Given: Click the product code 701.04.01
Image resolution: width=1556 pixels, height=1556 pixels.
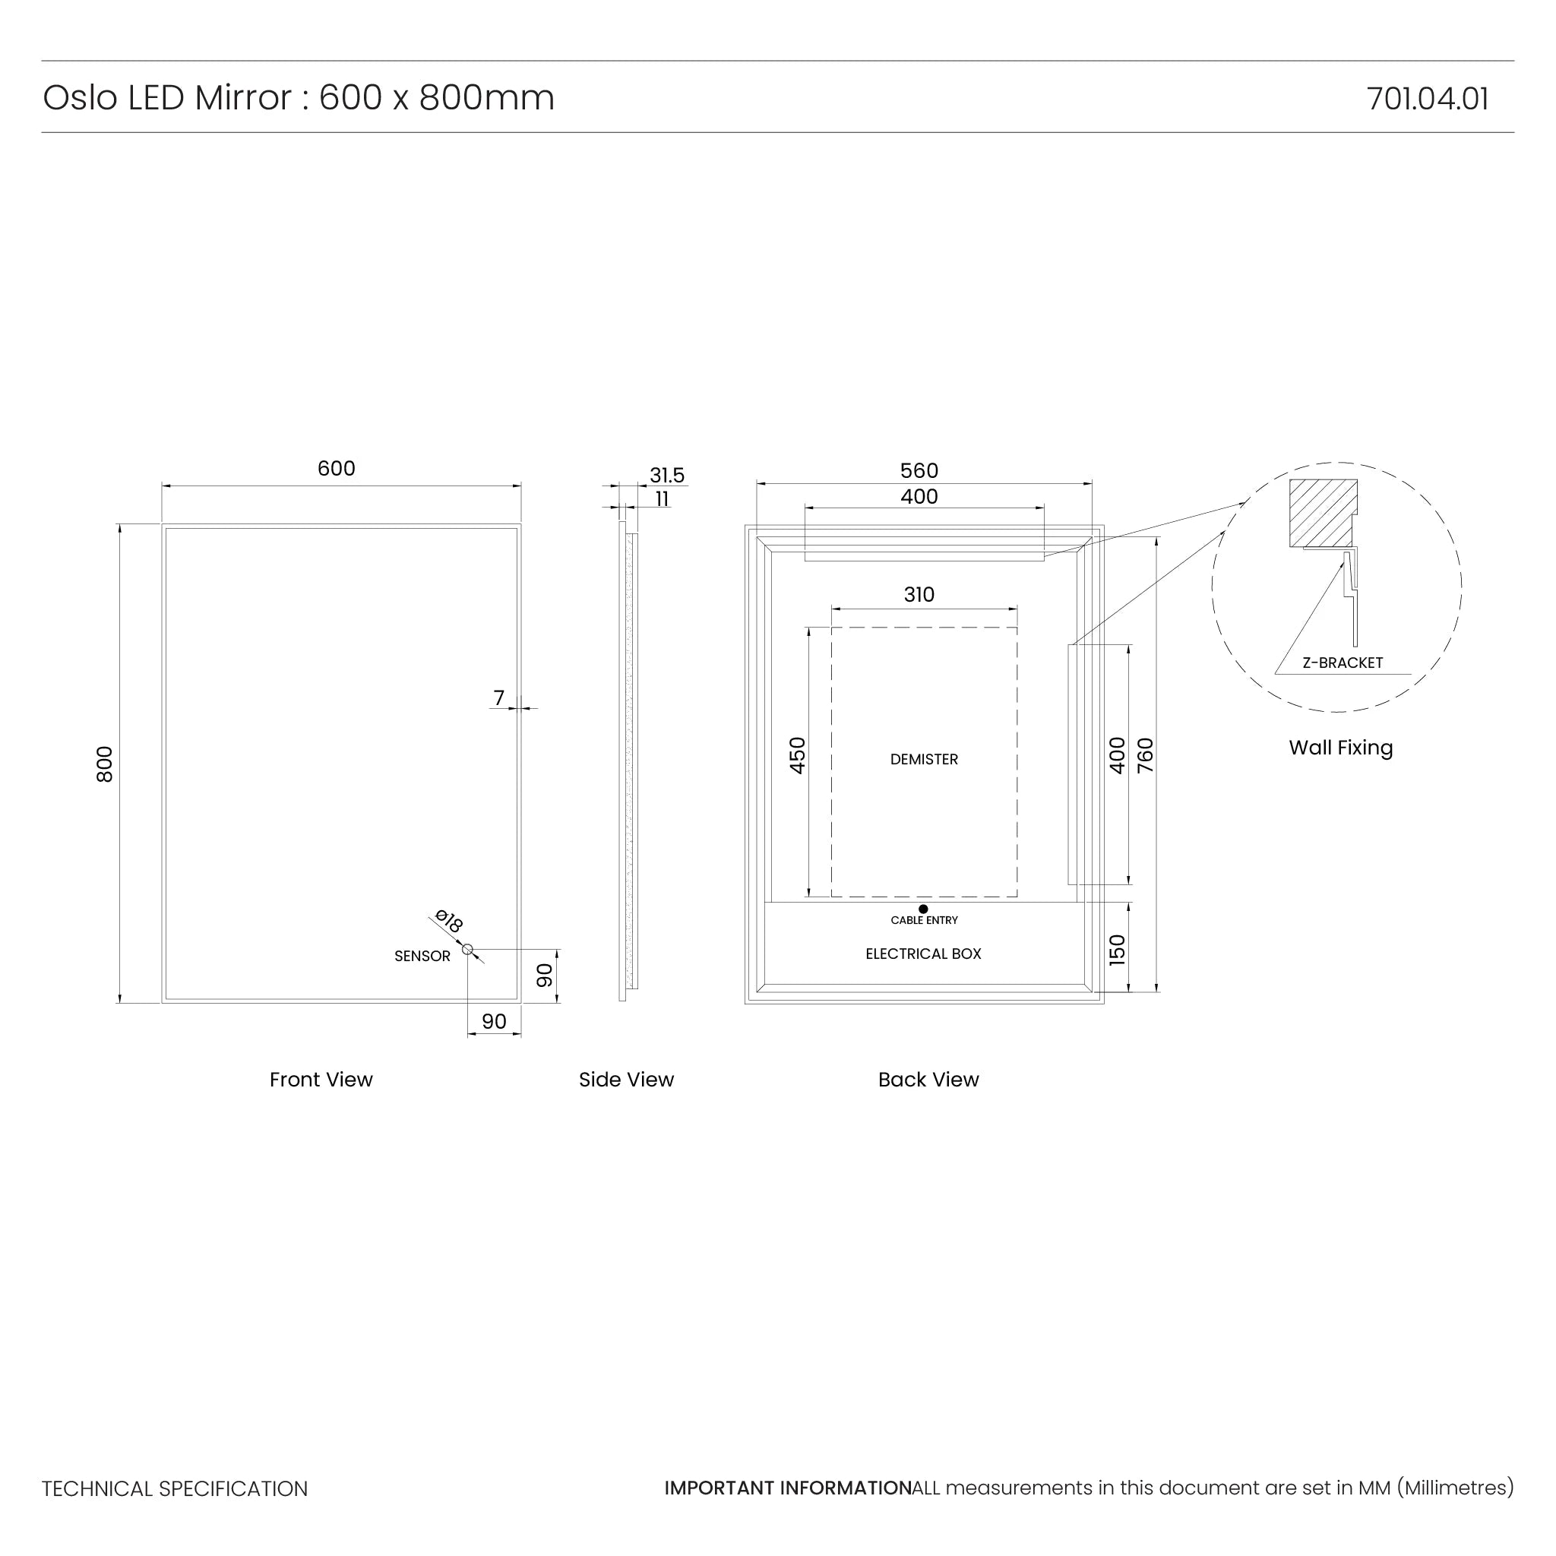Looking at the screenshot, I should coord(1426,98).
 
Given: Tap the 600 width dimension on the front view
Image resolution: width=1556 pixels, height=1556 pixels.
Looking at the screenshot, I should coord(336,468).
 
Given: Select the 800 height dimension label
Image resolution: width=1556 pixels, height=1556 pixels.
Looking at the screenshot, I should coord(105,764).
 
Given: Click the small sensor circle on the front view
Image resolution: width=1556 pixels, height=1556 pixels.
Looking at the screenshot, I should coord(467,949).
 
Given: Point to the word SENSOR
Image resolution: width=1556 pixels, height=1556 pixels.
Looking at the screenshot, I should coord(422,956).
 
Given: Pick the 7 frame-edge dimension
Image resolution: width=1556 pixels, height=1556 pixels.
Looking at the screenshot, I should coord(498,697).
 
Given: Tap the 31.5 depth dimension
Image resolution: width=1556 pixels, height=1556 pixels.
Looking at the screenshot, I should coord(667,475).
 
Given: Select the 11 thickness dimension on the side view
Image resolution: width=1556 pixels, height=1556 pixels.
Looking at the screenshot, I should coord(662,499).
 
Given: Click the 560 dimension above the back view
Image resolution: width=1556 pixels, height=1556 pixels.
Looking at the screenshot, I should coord(919,470).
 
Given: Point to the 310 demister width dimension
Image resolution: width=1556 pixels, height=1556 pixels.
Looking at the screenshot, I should coord(919,594).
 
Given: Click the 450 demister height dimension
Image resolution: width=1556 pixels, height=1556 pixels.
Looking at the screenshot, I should coord(797,755).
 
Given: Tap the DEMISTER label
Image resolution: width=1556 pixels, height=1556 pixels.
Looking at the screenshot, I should coord(924,760).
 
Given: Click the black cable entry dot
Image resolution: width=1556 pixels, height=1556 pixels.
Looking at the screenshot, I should coord(923,909).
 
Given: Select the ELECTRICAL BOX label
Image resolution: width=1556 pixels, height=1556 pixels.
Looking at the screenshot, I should coord(923,954).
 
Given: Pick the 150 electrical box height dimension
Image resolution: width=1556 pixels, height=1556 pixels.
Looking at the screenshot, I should coord(1117,950).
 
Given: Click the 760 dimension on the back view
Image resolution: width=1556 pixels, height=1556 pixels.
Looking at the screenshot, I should coord(1145,755).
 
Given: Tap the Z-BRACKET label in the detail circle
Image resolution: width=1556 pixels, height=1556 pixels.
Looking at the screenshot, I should coord(1342,663).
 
